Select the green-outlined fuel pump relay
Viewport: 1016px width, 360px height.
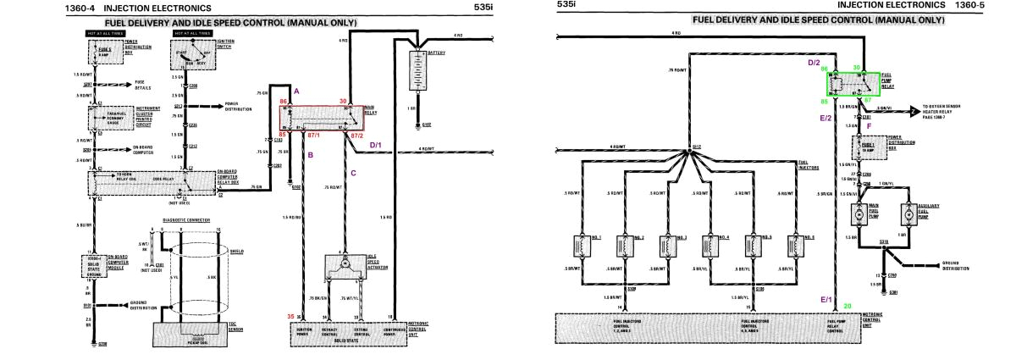click(853, 85)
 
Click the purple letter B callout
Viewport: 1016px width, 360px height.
click(311, 155)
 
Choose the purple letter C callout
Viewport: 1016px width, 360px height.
click(353, 174)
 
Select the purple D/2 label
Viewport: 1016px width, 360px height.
click(814, 63)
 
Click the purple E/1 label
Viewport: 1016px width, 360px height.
click(825, 300)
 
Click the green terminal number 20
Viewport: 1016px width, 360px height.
click(848, 305)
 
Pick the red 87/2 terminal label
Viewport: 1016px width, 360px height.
click(356, 136)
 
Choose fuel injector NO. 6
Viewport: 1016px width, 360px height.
click(794, 246)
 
